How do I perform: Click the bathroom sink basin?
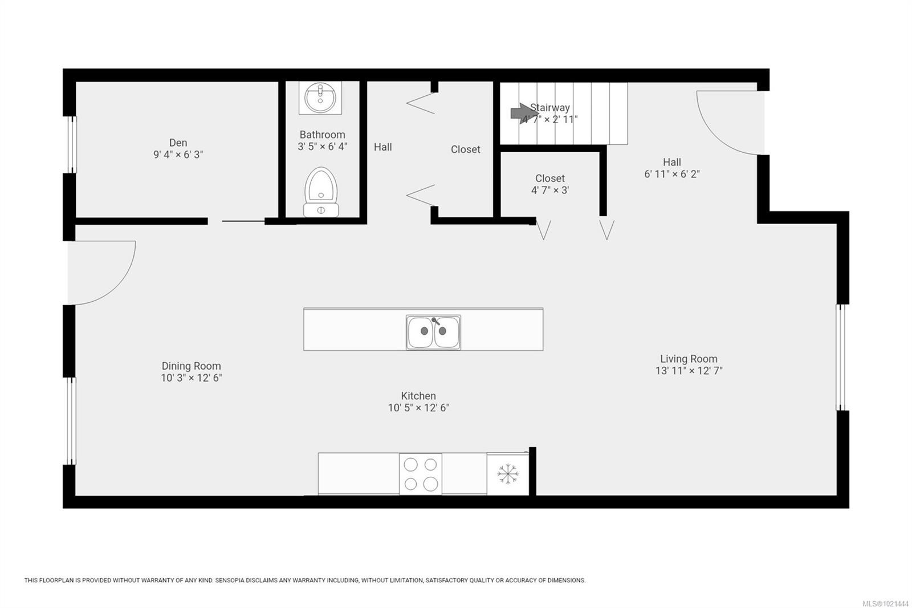pyautogui.click(x=320, y=98)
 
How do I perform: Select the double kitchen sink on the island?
pyautogui.click(x=433, y=331)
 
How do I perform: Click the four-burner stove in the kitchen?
pyautogui.click(x=421, y=474)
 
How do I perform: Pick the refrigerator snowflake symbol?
pyautogui.click(x=507, y=474)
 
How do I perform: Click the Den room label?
pyautogui.click(x=178, y=143)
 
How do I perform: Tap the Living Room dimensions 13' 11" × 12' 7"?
pyautogui.click(x=689, y=371)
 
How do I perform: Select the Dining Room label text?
pyautogui.click(x=191, y=366)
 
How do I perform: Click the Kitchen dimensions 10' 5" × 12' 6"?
pyautogui.click(x=418, y=408)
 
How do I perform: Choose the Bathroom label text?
pyautogui.click(x=322, y=135)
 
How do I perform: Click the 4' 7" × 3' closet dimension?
pyautogui.click(x=549, y=190)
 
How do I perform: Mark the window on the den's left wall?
pyautogui.click(x=72, y=144)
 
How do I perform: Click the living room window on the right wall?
pyautogui.click(x=840, y=357)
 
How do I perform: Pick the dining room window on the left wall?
pyautogui.click(x=72, y=420)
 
